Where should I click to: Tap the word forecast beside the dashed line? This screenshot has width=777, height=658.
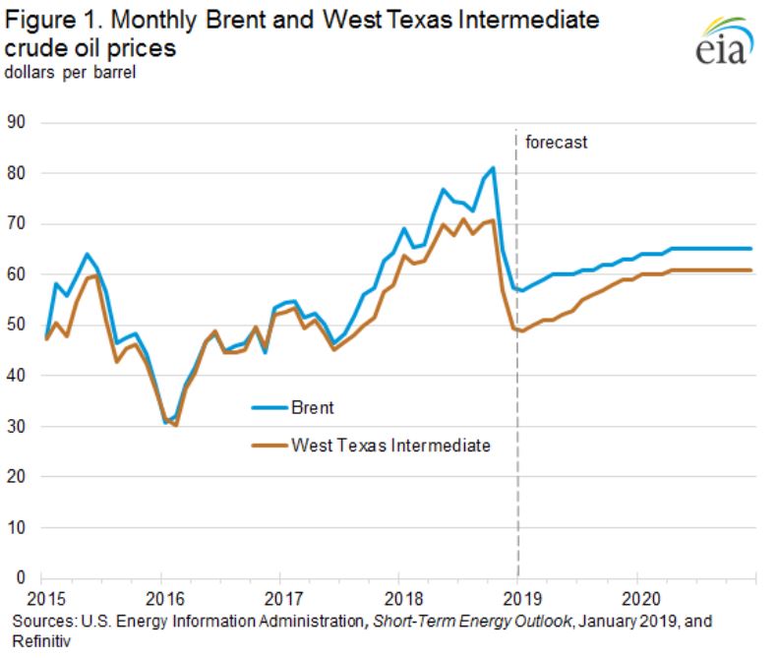[x=556, y=142]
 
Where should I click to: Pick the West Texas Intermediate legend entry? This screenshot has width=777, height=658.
[x=390, y=445]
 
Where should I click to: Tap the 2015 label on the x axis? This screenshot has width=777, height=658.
[x=43, y=597]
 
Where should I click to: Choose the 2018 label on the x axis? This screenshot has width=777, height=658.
[x=399, y=597]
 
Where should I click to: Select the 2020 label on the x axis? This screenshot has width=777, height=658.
[x=637, y=597]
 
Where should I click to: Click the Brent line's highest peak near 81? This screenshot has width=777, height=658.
[x=493, y=168]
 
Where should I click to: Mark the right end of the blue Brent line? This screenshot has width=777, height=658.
[x=752, y=249]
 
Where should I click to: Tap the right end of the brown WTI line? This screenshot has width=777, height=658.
[x=752, y=269]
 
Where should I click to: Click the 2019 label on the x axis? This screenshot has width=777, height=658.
[x=518, y=597]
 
